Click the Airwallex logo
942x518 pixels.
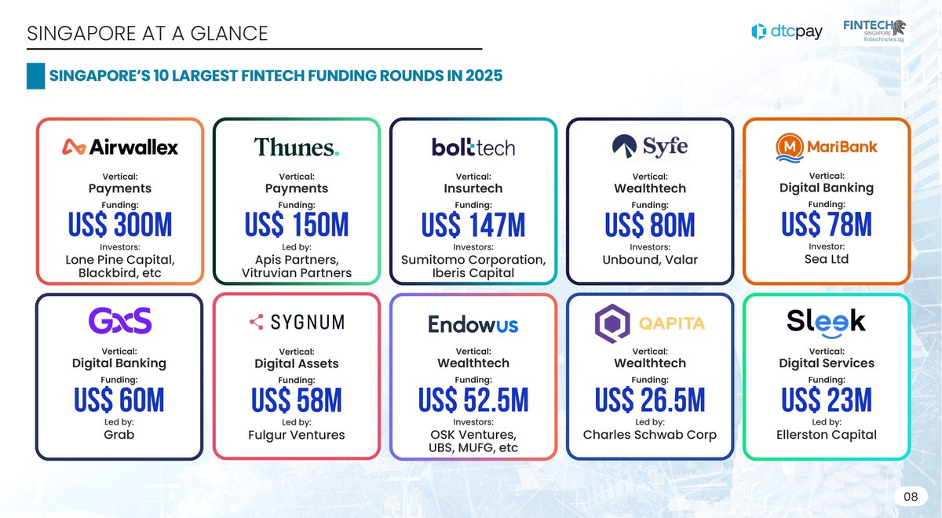pos(120,147)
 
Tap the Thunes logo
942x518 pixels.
pos(296,148)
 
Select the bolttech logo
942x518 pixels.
pos(473,147)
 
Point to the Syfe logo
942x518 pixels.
pos(649,146)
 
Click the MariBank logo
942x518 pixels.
pos(827,146)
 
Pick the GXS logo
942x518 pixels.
pos(120,321)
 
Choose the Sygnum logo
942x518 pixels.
pos(296,322)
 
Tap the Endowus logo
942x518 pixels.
pos(473,323)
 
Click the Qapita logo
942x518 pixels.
pos(649,323)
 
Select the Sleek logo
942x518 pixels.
pos(826,320)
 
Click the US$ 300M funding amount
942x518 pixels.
pos(120,226)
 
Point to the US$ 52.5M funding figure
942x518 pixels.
pos(473,401)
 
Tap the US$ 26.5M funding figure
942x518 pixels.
pos(649,401)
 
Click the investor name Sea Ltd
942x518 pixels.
pos(827,259)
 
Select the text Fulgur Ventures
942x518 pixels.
pos(296,435)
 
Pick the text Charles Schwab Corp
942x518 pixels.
pos(649,435)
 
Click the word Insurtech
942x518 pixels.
pos(473,188)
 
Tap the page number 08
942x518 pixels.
pos(910,496)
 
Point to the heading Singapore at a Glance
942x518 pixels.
pos(147,33)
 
